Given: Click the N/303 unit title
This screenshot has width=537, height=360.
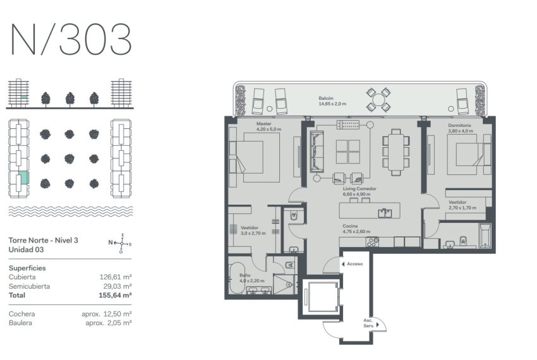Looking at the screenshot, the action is pyautogui.click(x=71, y=39).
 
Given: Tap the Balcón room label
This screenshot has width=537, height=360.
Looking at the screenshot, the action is pyautogui.click(x=326, y=99).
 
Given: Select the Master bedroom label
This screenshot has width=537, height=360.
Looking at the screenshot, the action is pyautogui.click(x=263, y=124).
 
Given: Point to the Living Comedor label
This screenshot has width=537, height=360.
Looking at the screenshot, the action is pyautogui.click(x=359, y=189).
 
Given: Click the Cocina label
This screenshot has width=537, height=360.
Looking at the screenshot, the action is pyautogui.click(x=350, y=226).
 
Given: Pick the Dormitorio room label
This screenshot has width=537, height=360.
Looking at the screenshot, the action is pyautogui.click(x=459, y=125).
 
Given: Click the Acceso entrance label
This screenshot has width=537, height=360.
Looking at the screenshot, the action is pyautogui.click(x=354, y=264).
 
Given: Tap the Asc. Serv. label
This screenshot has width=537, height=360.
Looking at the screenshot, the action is pyautogui.click(x=368, y=323).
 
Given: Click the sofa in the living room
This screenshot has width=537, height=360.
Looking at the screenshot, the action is pyautogui.click(x=317, y=151).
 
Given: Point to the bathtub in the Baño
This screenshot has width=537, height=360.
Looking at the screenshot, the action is pyautogui.click(x=237, y=278).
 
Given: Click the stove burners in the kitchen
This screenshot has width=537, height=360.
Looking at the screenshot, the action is pyautogui.click(x=373, y=242).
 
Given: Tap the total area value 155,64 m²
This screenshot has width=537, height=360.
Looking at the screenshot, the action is pyautogui.click(x=115, y=295).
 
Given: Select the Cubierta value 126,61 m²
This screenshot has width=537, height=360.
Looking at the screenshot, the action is pyautogui.click(x=116, y=277).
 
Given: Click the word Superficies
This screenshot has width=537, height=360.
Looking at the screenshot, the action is pyautogui.click(x=27, y=268).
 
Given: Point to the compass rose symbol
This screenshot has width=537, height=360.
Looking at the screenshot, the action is pyautogui.click(x=121, y=243).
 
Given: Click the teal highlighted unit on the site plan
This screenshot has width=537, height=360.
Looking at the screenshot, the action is pyautogui.click(x=23, y=177).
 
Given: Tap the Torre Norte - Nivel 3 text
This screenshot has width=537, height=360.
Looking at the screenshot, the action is pyautogui.click(x=44, y=240).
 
